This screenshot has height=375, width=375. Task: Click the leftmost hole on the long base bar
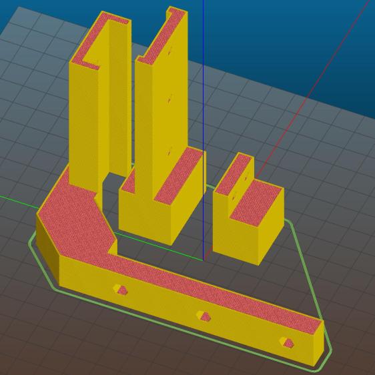[x=119, y=289]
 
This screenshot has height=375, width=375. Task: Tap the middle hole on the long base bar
[x=203, y=316]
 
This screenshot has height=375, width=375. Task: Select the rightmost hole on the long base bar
[x=287, y=343]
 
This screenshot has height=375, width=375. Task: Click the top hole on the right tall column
[x=170, y=49]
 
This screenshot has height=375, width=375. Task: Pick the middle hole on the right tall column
[x=170, y=99]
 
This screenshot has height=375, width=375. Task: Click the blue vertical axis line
[x=204, y=100]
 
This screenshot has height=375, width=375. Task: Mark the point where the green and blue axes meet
[x=203, y=259]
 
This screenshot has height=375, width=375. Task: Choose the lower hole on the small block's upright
[x=234, y=198]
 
